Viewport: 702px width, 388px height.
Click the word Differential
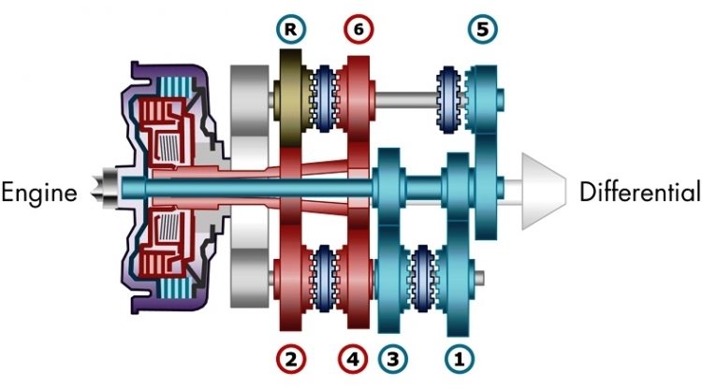(639, 193)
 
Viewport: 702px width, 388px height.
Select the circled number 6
(357, 28)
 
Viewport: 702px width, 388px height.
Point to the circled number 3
(393, 358)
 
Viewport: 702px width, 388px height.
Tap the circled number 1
(458, 358)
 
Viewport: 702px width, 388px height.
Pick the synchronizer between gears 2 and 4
(327, 275)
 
